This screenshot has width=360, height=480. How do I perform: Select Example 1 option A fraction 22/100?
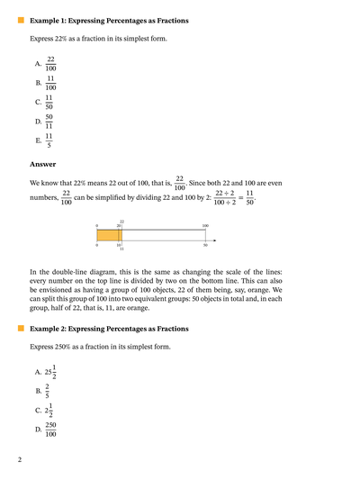pos(50,64)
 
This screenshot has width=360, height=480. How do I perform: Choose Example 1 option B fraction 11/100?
pos(50,84)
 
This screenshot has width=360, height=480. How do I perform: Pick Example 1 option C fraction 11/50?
pos(50,103)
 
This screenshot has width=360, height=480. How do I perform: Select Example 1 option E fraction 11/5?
pos(50,141)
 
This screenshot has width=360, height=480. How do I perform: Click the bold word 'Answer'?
pos(42,164)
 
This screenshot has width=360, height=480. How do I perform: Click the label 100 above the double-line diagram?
pos(205,225)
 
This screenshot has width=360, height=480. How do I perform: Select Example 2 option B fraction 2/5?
pos(49,392)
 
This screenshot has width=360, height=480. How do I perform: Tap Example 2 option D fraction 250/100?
pos(50,430)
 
